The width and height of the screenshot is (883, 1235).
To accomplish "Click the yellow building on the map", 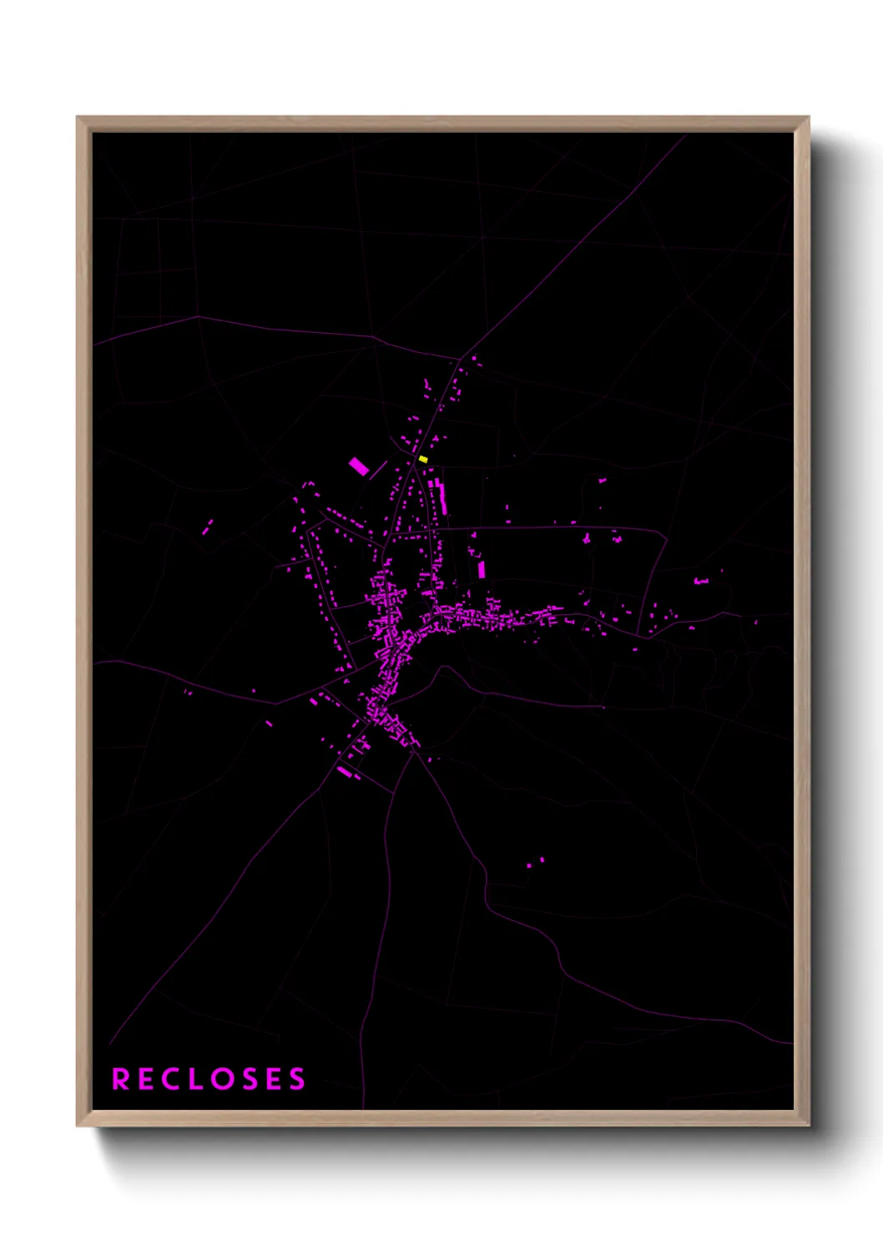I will [x=423, y=459].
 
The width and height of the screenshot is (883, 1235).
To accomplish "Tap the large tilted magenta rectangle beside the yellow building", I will [x=359, y=466].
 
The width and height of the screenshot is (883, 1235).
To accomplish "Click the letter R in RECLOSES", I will [x=120, y=1079].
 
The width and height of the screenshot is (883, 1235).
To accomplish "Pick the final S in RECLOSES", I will [x=297, y=1079].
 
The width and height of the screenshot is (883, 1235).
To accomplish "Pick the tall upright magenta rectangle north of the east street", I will [x=481, y=570].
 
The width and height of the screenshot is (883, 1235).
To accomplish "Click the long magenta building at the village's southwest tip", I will [x=345, y=772].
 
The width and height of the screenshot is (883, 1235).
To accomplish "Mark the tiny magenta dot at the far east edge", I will [x=756, y=622].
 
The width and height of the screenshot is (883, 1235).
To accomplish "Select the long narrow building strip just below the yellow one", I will [x=442, y=498].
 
